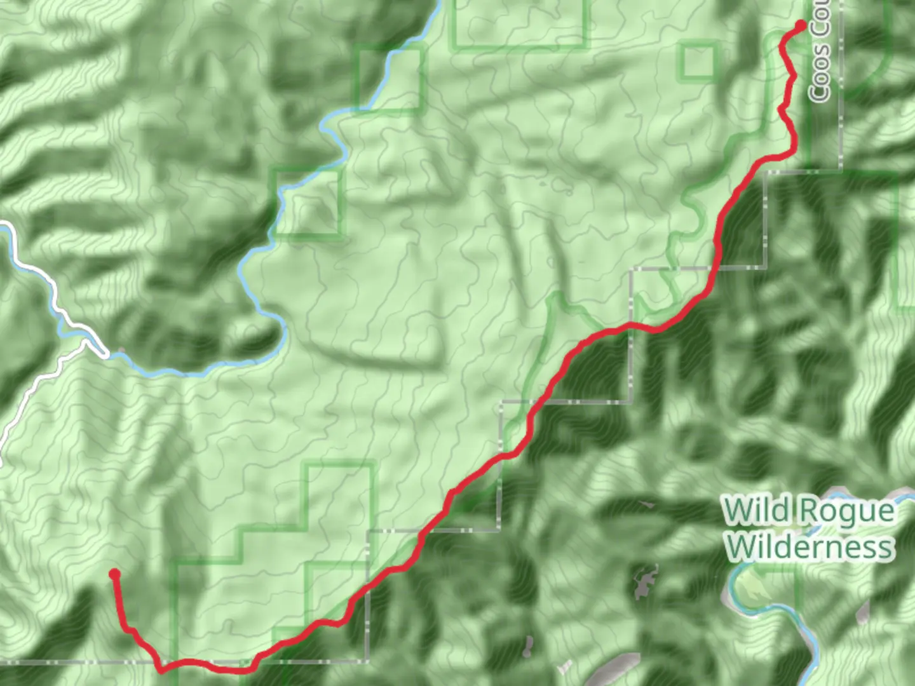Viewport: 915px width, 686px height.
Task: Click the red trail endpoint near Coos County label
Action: point(801,25)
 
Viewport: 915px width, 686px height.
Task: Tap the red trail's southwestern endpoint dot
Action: point(114,574)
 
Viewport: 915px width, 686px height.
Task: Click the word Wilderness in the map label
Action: point(810,546)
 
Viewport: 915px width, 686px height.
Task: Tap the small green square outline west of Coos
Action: point(698,62)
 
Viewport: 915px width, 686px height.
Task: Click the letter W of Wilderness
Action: point(742,546)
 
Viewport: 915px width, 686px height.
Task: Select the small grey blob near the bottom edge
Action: point(527,647)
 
